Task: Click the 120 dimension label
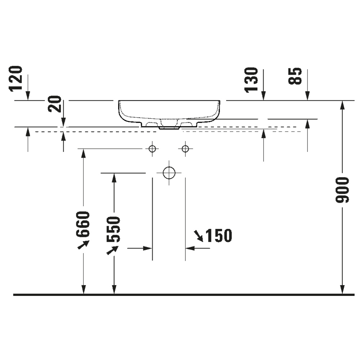(x=16, y=79)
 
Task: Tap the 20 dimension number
(x=55, y=104)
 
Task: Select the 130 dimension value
(x=251, y=80)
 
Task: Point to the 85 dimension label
(x=295, y=76)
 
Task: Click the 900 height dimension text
(x=342, y=190)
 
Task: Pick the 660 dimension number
(x=83, y=224)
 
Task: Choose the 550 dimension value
(x=113, y=229)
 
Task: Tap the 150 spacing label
(x=219, y=235)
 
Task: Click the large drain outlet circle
(x=169, y=173)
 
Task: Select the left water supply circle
(x=152, y=149)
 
